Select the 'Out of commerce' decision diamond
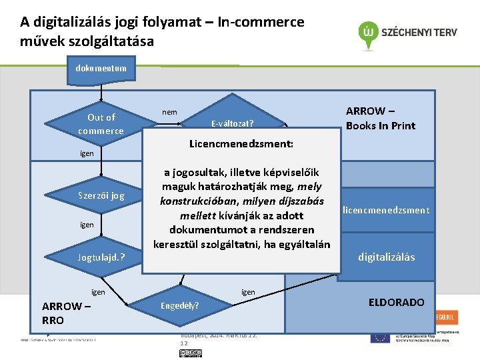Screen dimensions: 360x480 101,124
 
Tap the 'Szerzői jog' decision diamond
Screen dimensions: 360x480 101,196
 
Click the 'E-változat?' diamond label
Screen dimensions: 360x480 232,124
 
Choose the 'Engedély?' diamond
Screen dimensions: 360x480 179,306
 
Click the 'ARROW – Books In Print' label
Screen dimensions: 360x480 380,119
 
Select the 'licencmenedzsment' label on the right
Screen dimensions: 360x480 386,211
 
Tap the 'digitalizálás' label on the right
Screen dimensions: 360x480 386,257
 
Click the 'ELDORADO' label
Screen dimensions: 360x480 396,303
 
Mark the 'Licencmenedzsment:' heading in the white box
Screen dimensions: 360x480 241,144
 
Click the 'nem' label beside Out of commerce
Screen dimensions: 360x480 170,112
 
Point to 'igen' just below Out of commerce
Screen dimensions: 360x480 87,153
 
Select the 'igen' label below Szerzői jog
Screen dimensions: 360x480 87,225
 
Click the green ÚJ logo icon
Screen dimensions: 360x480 367,31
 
